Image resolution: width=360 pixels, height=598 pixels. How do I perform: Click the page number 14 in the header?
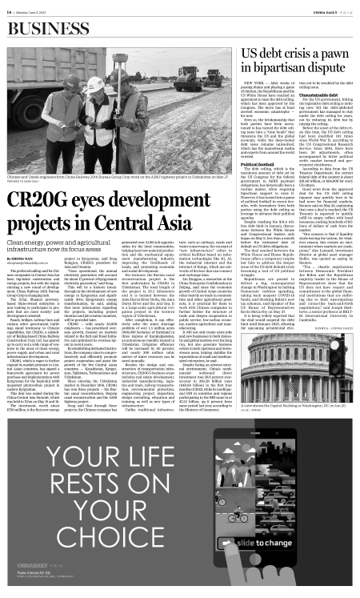point(10,10)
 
